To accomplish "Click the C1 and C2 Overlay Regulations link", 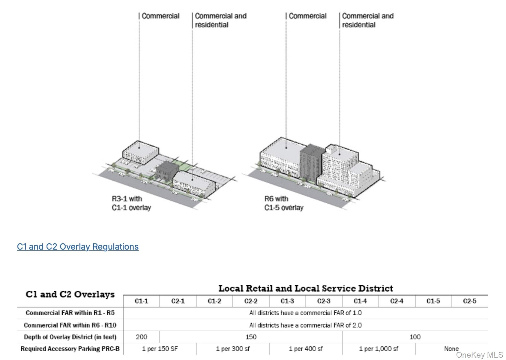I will (78, 247).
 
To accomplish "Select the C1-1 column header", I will (141, 301).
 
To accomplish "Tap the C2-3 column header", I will (324, 301).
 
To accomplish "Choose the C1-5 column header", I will (433, 301).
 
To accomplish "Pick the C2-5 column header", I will (469, 301).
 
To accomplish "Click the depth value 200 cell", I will (141, 337).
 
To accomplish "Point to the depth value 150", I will (251, 337).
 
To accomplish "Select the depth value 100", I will (415, 337).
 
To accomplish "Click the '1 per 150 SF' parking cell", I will (160, 349).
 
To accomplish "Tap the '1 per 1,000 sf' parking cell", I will (379, 349).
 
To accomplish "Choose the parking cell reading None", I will (451, 349).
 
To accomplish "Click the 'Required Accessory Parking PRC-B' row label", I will (70, 349).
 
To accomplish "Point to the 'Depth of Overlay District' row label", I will (70, 337).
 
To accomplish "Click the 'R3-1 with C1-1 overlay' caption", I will (131, 203).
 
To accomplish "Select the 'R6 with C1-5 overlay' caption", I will (283, 203).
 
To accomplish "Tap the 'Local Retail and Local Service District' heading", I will (305, 288).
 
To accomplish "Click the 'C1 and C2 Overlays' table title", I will (70, 294).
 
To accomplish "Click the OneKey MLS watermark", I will (479, 355).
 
